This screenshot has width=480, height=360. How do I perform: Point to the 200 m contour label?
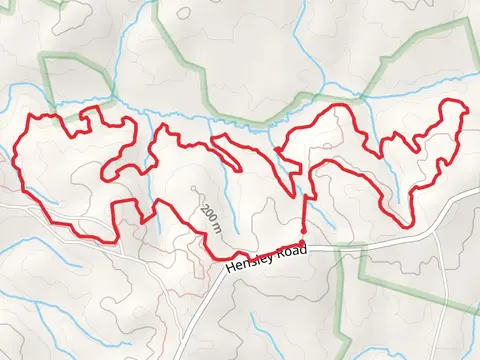(x=210, y=217)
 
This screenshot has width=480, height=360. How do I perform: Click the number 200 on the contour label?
(x=208, y=212)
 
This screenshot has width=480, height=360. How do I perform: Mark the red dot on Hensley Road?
(x=302, y=243)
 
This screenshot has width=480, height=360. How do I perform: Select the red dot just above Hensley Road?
(x=303, y=230)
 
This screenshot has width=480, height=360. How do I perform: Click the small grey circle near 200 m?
(x=193, y=186)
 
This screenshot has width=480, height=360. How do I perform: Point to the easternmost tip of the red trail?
(x=467, y=118)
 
